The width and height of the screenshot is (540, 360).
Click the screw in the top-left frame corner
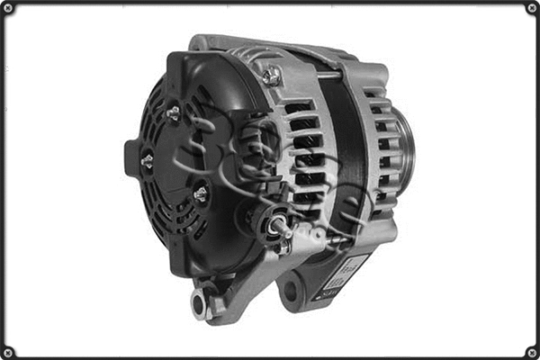click(8, 8)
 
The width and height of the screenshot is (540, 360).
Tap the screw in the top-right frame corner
click(531, 8)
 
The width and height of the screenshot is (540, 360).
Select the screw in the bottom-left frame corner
click(8, 351)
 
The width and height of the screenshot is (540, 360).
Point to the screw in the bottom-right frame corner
click(531, 351)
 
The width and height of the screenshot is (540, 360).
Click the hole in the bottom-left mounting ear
click(199, 304)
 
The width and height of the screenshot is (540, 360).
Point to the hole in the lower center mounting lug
click(291, 291)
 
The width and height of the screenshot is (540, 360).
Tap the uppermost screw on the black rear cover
click(173, 112)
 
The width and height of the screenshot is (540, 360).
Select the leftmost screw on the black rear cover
click(147, 161)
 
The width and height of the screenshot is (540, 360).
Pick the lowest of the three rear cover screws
click(200, 193)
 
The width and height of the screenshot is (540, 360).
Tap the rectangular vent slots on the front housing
click(306, 148)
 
